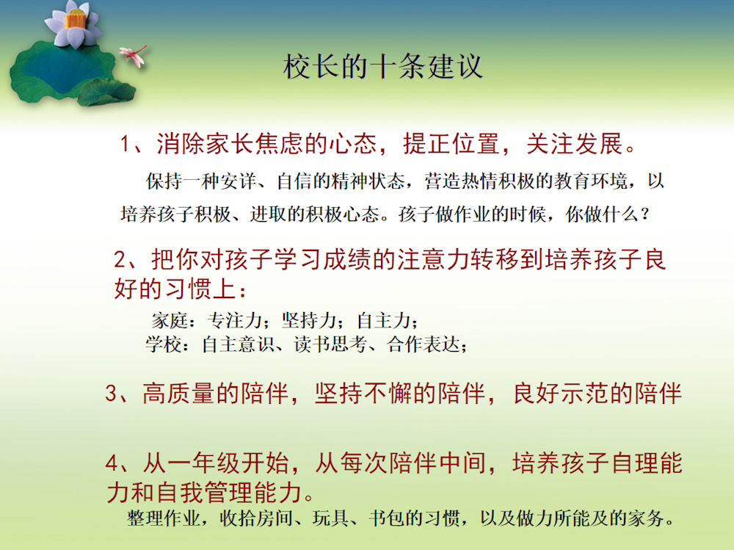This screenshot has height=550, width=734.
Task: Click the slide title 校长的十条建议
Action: coord(382,67)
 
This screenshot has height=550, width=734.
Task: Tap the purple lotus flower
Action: coord(75,24)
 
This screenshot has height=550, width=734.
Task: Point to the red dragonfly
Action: coord(134,55)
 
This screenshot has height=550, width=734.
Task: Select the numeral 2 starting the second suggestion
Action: coord(120,259)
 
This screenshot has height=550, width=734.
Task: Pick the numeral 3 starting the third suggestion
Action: coord(112,393)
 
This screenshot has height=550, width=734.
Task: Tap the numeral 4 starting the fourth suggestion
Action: coord(112,463)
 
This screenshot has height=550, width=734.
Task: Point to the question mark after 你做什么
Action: coord(645,214)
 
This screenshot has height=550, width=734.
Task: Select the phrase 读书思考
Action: coord(330,345)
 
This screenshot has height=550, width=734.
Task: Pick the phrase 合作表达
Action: coord(424,345)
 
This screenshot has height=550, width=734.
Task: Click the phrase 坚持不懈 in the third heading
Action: coord(363,393)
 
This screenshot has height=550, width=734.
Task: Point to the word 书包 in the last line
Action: coord(387,518)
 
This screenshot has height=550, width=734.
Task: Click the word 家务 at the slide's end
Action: coord(646,518)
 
